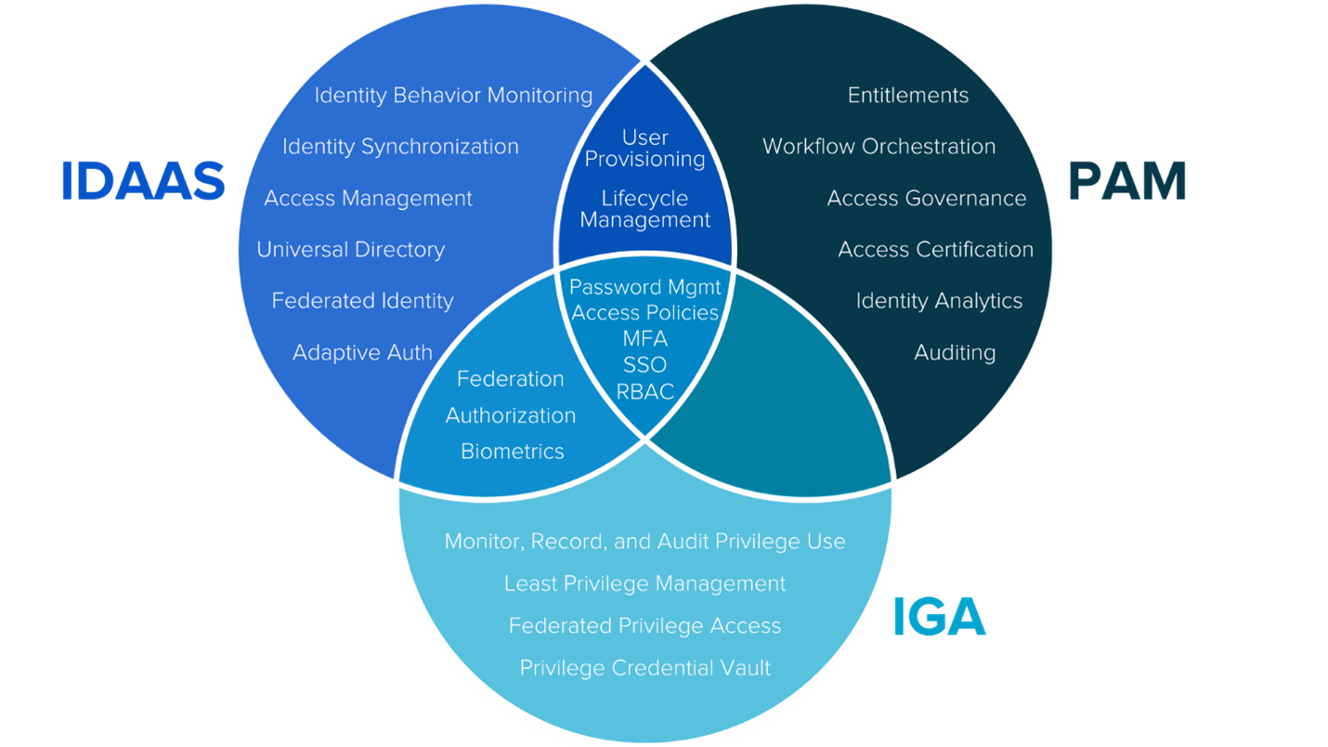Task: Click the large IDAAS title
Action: (143, 181)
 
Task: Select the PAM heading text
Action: (1127, 181)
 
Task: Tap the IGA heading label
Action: (939, 617)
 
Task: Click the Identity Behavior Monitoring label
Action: (453, 95)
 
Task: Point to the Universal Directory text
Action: (350, 249)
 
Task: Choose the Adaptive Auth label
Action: (362, 352)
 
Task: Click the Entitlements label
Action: (908, 95)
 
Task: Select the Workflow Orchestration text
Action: (879, 146)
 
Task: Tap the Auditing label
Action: (955, 352)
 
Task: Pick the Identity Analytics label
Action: (939, 301)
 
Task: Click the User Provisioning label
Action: (645, 149)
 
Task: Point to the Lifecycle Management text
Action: (645, 209)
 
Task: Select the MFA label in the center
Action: (645, 338)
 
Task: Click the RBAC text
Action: (645, 391)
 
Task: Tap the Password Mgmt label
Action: (645, 287)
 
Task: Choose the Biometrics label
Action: (513, 452)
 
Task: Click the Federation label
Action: (511, 378)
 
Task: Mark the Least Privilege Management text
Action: (645, 583)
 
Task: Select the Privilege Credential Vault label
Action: (645, 668)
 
